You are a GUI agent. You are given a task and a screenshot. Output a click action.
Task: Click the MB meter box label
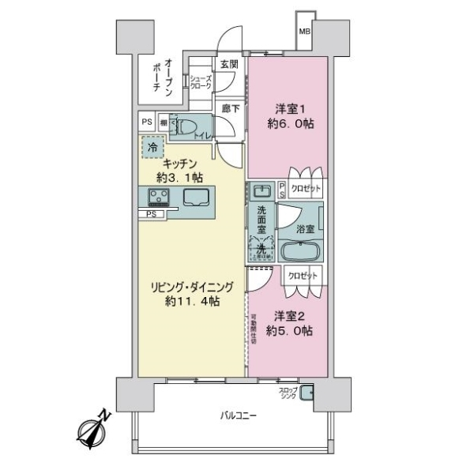coord(304,32)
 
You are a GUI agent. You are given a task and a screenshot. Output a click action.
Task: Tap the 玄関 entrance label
coord(229,63)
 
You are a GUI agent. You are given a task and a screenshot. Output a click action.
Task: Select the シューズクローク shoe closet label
coord(200,82)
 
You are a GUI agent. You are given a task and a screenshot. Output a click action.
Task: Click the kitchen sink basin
coord(198,197)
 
